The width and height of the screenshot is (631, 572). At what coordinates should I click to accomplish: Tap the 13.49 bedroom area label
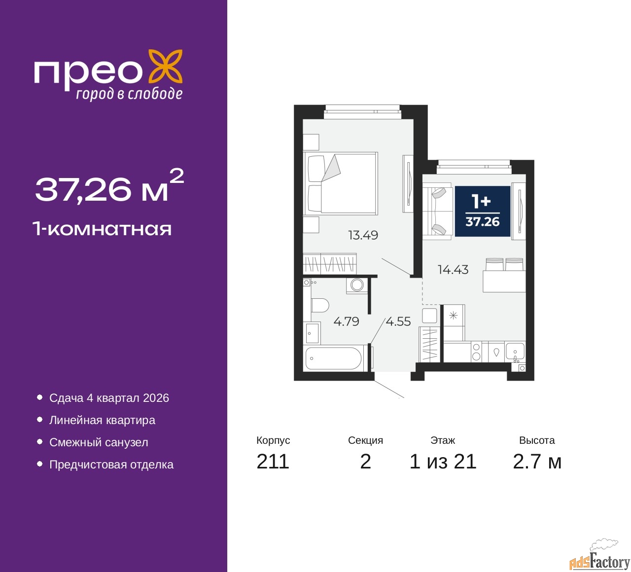[x=363, y=235]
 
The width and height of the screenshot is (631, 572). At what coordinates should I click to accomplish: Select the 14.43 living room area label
[x=453, y=270]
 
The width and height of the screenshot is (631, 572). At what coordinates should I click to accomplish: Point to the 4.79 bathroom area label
[x=346, y=322]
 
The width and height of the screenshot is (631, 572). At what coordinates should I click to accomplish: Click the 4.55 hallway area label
[x=398, y=322]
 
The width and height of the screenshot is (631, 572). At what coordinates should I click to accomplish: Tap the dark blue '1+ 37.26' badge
[x=482, y=211]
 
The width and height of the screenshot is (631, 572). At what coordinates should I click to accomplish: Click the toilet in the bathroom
[x=320, y=305]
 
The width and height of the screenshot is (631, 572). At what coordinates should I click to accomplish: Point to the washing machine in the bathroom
[x=357, y=286]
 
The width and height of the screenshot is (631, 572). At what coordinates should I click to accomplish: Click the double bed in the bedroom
[x=340, y=183]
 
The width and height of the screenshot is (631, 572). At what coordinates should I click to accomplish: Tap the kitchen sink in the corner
[x=515, y=352]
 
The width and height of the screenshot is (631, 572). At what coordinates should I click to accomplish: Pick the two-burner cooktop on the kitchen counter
[x=476, y=352]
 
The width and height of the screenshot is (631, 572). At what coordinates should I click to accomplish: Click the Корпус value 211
[x=273, y=462]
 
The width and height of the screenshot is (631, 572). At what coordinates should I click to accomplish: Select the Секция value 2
[x=365, y=462]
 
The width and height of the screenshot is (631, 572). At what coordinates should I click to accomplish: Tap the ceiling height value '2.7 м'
[x=537, y=462]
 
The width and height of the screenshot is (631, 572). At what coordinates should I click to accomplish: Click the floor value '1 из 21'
[x=443, y=462]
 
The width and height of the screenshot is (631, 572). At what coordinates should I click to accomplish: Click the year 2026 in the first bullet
[x=156, y=398]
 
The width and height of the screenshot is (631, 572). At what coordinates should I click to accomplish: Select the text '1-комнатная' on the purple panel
[x=103, y=229]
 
